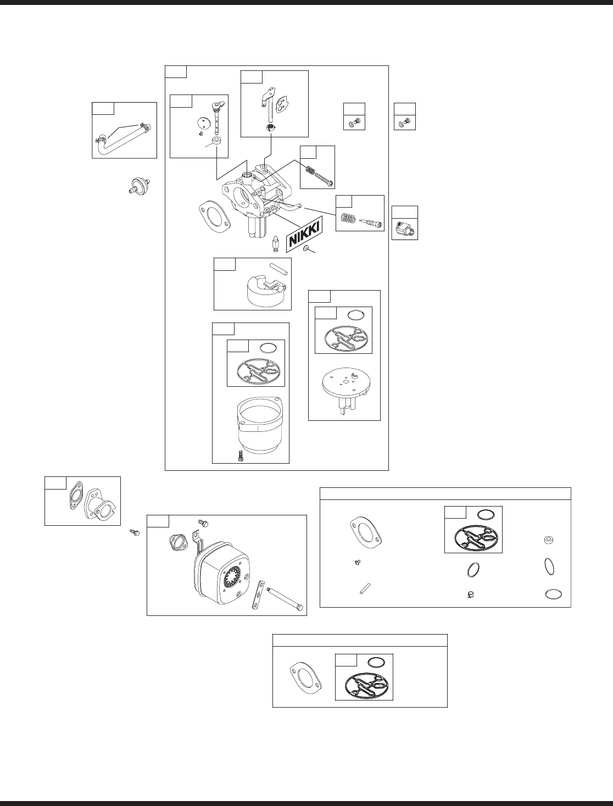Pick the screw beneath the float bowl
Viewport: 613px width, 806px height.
pos(240,455)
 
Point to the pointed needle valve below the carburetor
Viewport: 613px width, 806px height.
pos(277,243)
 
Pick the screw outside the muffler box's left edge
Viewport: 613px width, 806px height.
pos(135,531)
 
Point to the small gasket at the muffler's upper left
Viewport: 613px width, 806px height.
pos(177,544)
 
